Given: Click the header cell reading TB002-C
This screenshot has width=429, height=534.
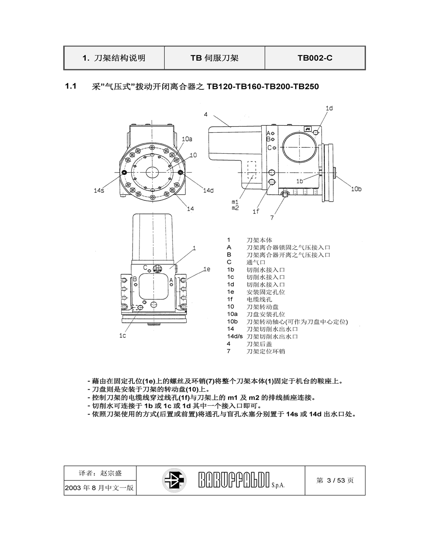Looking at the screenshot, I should [x=315, y=58].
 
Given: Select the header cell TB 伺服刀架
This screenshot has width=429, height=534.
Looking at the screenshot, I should [x=214, y=58].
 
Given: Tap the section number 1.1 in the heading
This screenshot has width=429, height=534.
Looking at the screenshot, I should [x=70, y=86].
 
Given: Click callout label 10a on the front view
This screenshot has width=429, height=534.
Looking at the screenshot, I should [x=187, y=139].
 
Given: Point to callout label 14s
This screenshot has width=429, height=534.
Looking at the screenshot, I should [x=99, y=191].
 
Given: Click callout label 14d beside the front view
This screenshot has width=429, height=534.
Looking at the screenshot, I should [x=208, y=191].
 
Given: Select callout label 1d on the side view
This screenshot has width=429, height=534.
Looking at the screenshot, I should [x=329, y=109].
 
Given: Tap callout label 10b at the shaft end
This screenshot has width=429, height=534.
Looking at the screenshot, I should [x=356, y=189].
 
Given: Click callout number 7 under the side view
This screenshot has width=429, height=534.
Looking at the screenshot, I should [x=272, y=217].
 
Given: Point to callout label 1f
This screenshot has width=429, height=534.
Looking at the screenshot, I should [x=256, y=211].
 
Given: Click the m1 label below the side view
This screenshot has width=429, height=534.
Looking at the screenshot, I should [x=235, y=202].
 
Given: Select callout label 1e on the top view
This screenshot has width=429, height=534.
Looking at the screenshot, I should [x=206, y=269].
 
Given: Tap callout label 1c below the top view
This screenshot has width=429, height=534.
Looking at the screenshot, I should [x=123, y=336].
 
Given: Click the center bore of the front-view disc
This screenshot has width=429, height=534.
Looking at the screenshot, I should [x=152, y=172].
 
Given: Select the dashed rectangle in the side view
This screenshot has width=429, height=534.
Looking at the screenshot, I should [x=251, y=170].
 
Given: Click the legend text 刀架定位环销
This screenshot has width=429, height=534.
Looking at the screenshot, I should [x=266, y=351].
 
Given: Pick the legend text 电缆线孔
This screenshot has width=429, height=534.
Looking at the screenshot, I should [x=259, y=299].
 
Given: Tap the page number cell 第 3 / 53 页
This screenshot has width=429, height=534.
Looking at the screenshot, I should [x=335, y=480].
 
